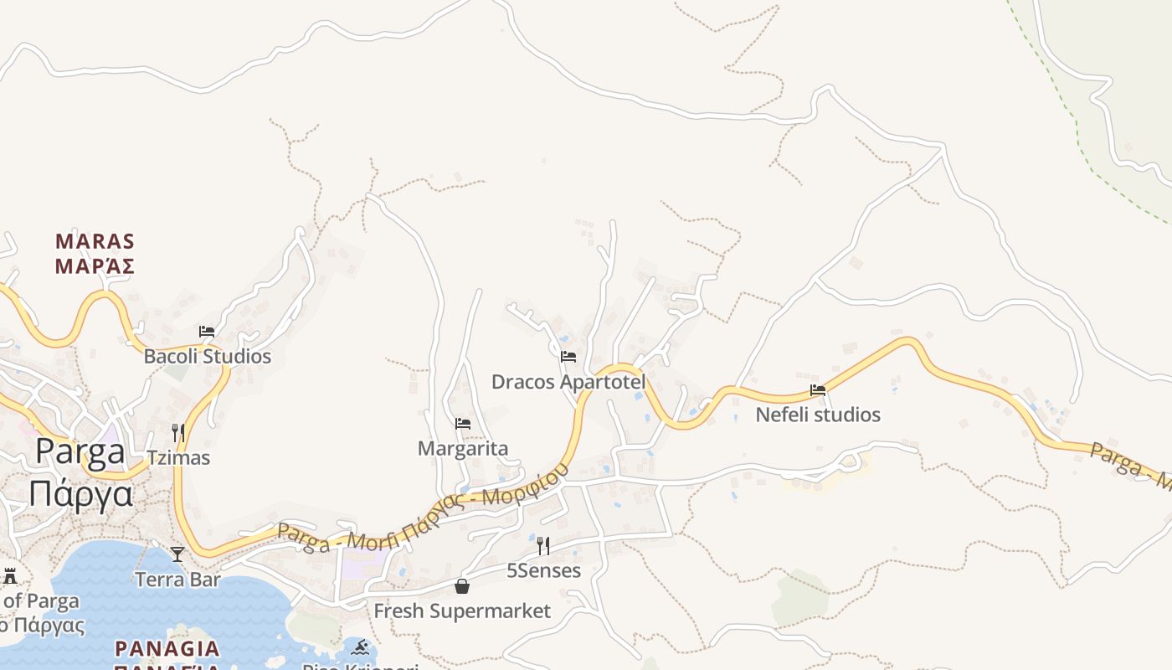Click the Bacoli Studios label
pos(208,357)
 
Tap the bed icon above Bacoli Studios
pos(207,332)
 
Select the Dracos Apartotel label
pos(568,382)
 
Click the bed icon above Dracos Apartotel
pos(568,357)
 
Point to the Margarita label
pos(463,449)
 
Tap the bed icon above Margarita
pos(463,424)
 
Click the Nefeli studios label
pos(818,415)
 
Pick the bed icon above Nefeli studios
pos(818,390)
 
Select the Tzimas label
pos(178,458)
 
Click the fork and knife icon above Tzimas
pos(178,433)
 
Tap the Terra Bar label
pos(178,580)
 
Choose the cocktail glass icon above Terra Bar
pos(177,554)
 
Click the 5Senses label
pos(543,571)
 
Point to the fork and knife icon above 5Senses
pos(543,546)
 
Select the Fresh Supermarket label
pos(462,611)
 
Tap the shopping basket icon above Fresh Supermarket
pos(462,586)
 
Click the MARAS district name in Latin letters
pos(95,242)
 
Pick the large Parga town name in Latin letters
pos(80,453)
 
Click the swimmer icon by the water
pos(361,647)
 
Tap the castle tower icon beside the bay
pos(10,576)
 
